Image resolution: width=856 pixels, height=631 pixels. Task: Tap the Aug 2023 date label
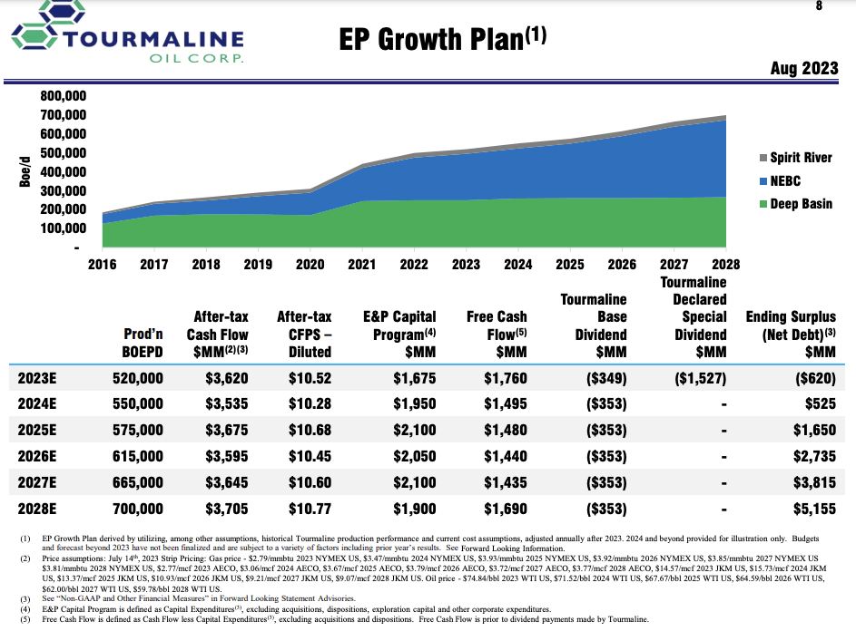point(803,69)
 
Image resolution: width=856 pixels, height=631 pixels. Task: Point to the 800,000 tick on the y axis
point(63,96)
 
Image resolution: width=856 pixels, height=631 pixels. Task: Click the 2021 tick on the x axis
point(362,265)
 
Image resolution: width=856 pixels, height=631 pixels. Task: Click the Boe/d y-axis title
point(25,171)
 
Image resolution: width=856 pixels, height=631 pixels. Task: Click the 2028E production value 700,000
point(137,509)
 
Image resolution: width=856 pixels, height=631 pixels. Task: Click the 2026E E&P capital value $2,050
point(414,456)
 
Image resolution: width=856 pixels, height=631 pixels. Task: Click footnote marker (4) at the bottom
point(25,609)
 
